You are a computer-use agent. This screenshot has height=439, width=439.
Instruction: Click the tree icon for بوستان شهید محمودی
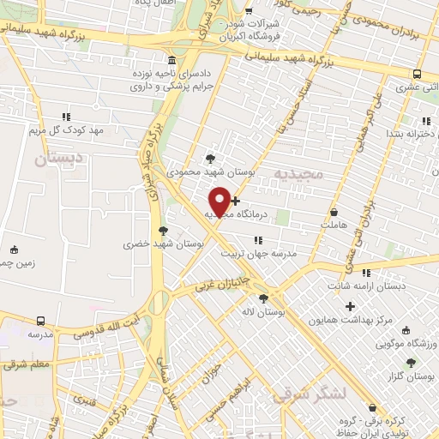pos(210,159)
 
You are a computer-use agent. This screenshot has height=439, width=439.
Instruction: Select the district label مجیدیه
pos(299,173)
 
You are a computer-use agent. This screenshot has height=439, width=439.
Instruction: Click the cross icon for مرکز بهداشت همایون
pos(349,306)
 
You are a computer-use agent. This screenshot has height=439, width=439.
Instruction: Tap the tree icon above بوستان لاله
pos(262,298)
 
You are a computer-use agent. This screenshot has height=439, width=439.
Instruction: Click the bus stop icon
pos(418,74)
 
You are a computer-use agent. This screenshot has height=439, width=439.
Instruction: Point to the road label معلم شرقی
pos(27,364)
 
